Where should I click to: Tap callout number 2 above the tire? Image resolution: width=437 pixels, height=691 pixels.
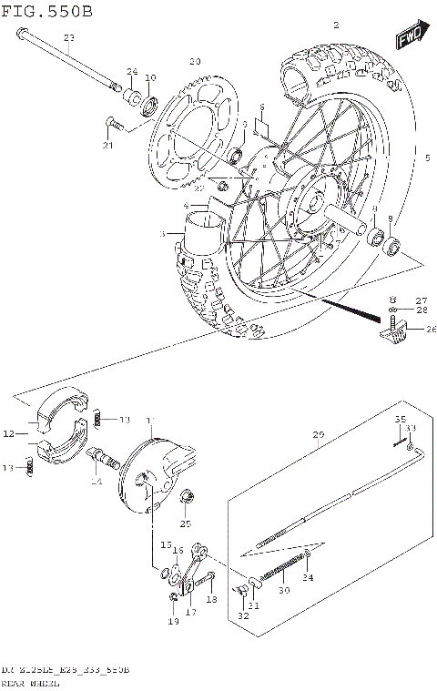(x=336, y=25)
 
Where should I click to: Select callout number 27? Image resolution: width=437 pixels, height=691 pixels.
(x=421, y=300)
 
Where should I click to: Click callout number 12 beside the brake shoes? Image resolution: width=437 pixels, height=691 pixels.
(x=8, y=434)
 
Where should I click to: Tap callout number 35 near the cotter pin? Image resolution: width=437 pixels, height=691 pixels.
(x=398, y=420)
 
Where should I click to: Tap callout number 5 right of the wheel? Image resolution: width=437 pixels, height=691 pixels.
(x=426, y=157)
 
